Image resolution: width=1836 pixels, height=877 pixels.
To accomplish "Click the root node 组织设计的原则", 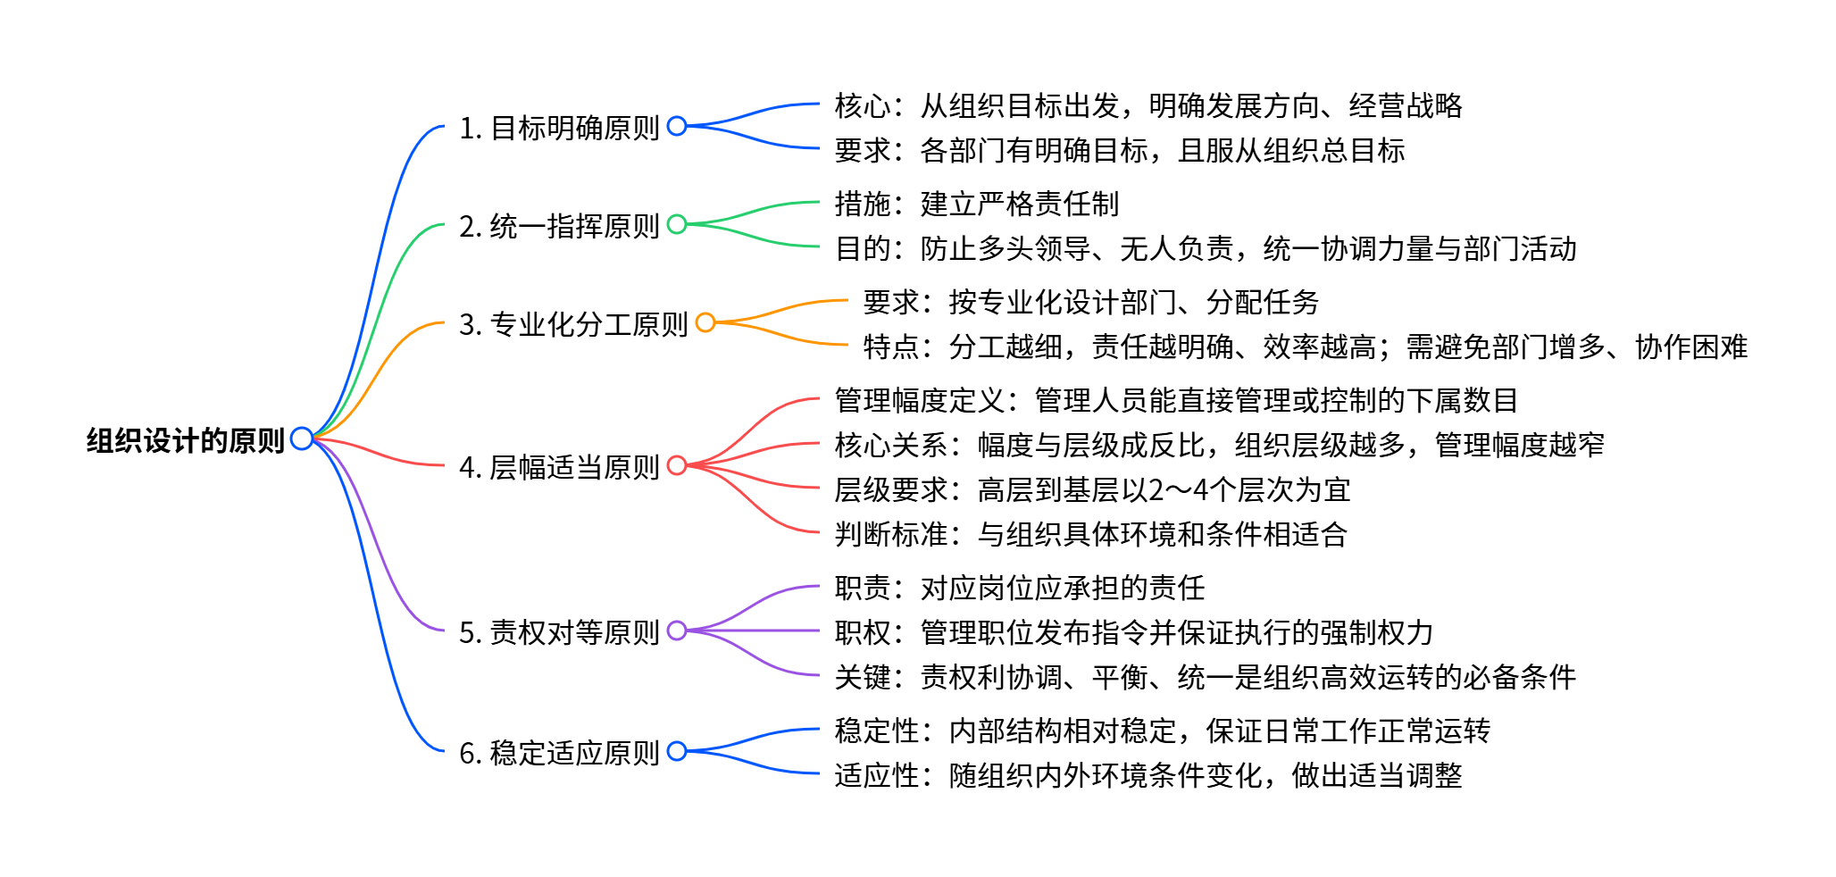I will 185,440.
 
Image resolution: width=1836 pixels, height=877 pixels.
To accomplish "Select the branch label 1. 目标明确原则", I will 559,128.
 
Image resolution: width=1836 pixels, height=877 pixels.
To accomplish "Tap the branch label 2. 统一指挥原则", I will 559,226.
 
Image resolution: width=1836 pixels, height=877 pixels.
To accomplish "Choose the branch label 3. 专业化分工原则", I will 573,324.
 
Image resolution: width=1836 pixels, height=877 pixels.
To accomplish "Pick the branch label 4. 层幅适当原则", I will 559,467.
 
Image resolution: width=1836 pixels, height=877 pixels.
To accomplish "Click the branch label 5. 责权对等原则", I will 559,632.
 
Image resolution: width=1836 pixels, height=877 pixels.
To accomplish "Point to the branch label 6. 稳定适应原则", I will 559,753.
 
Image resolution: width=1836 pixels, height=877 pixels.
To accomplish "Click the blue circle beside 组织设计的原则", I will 302,438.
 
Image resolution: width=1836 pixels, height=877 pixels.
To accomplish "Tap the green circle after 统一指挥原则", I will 677,224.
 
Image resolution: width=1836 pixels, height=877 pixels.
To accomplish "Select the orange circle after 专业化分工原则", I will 705,322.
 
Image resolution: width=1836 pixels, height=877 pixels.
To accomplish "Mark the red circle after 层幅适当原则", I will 677,465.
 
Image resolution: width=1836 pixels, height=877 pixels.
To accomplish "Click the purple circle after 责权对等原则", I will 677,631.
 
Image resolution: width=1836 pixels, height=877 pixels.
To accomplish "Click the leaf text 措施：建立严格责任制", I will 976,204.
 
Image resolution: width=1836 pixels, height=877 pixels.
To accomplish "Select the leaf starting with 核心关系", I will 1219,445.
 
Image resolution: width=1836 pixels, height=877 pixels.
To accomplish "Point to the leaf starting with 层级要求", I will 1091,489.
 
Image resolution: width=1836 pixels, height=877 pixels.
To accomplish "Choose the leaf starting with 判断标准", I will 1090,534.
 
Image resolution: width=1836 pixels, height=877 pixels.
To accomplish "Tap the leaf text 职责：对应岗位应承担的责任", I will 1019,588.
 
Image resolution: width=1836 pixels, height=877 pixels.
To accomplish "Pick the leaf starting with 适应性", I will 1147,775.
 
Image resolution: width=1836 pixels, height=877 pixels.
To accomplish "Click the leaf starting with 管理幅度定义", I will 1176,400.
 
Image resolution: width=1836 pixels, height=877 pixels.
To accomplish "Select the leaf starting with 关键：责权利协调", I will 1205,677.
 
